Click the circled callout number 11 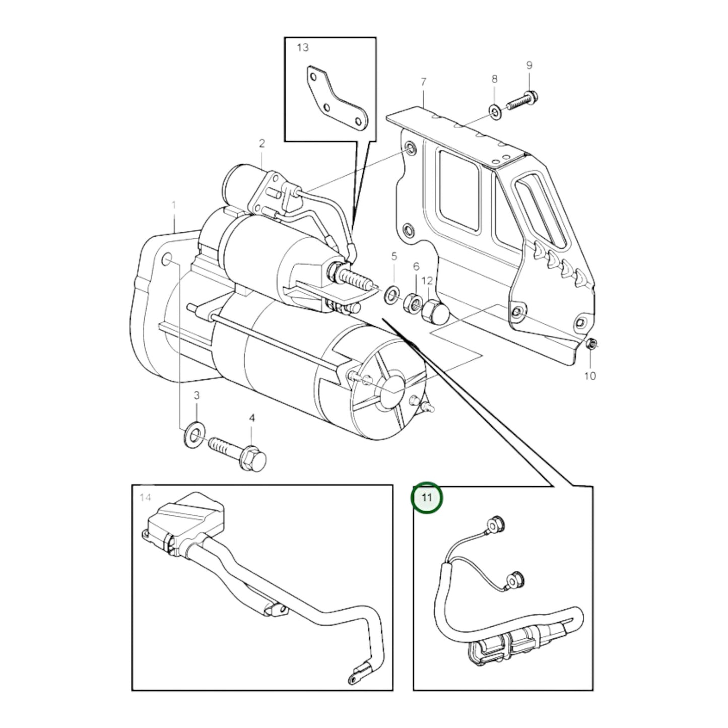[426, 498]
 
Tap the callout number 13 [303, 47]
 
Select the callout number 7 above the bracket [423, 82]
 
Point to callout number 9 [530, 65]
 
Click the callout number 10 [590, 376]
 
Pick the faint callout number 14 [146, 497]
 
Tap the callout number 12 [427, 281]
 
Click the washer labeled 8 [495, 111]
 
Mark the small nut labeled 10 [591, 343]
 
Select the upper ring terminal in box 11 [496, 525]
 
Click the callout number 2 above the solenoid [262, 144]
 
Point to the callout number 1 [174, 206]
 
